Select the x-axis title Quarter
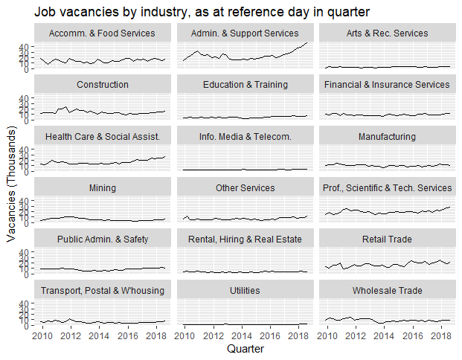pos(245,347)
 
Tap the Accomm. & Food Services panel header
pos(101,33)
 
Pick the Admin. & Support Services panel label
pos(245,33)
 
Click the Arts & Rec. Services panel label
pos(387,33)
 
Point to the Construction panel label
pos(101,85)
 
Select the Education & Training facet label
pos(245,85)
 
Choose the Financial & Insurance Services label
pos(387,85)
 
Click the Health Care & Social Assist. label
pos(101,136)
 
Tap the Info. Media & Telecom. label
pos(245,136)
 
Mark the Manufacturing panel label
pos(387,136)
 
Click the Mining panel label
pos(101,187)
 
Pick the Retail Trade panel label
pos(387,239)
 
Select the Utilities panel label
pos(245,290)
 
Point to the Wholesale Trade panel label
pos(387,290)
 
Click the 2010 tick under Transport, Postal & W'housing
pos(42,335)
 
